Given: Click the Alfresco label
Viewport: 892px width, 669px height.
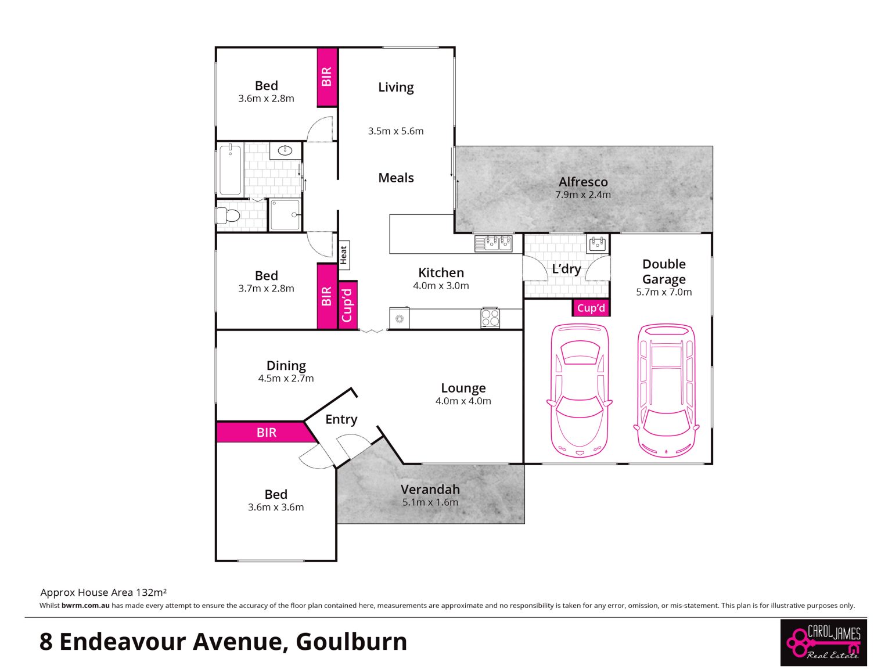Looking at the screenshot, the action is (582, 182).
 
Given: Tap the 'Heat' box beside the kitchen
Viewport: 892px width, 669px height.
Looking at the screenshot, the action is (343, 255).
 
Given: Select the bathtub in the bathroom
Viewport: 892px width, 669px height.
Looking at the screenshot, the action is (230, 170).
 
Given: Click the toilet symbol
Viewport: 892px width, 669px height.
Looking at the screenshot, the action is (228, 215).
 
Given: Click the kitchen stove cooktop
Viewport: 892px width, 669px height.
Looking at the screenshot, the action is (490, 318).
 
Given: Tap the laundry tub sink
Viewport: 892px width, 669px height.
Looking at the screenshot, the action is (597, 244).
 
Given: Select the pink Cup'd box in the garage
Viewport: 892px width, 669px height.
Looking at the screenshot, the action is (591, 308).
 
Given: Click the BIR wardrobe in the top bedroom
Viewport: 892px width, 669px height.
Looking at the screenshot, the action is (327, 77).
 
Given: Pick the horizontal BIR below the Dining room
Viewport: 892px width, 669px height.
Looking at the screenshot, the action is (266, 432).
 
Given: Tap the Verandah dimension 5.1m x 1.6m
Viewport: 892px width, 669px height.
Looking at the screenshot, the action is (430, 502).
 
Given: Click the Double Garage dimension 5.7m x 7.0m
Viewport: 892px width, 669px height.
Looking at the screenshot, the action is (664, 292).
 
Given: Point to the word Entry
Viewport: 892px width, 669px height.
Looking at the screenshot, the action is (341, 419).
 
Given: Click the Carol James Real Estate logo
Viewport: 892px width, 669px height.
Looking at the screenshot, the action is (823, 643).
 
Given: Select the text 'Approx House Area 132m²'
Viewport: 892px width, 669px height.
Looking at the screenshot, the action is (103, 592).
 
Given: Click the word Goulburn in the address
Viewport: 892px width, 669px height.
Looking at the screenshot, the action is (351, 642).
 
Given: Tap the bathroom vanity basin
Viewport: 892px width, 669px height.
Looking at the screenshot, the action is (285, 150).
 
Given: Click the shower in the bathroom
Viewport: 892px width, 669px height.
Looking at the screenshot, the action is (285, 214).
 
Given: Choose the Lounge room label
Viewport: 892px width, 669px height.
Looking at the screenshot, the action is (463, 388).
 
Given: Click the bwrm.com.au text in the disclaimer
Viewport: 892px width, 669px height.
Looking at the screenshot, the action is (85, 605).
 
